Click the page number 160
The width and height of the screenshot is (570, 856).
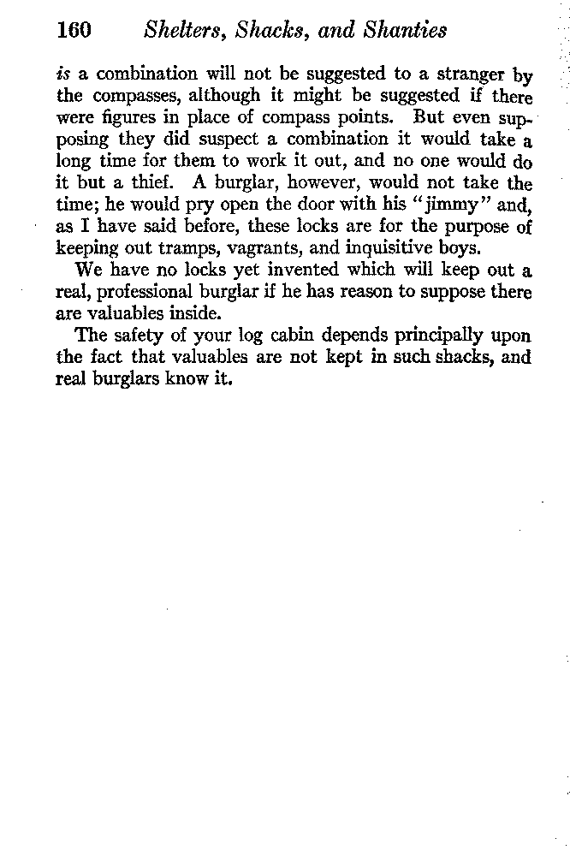tap(74, 31)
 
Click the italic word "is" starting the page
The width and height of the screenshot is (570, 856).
tap(61, 74)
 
